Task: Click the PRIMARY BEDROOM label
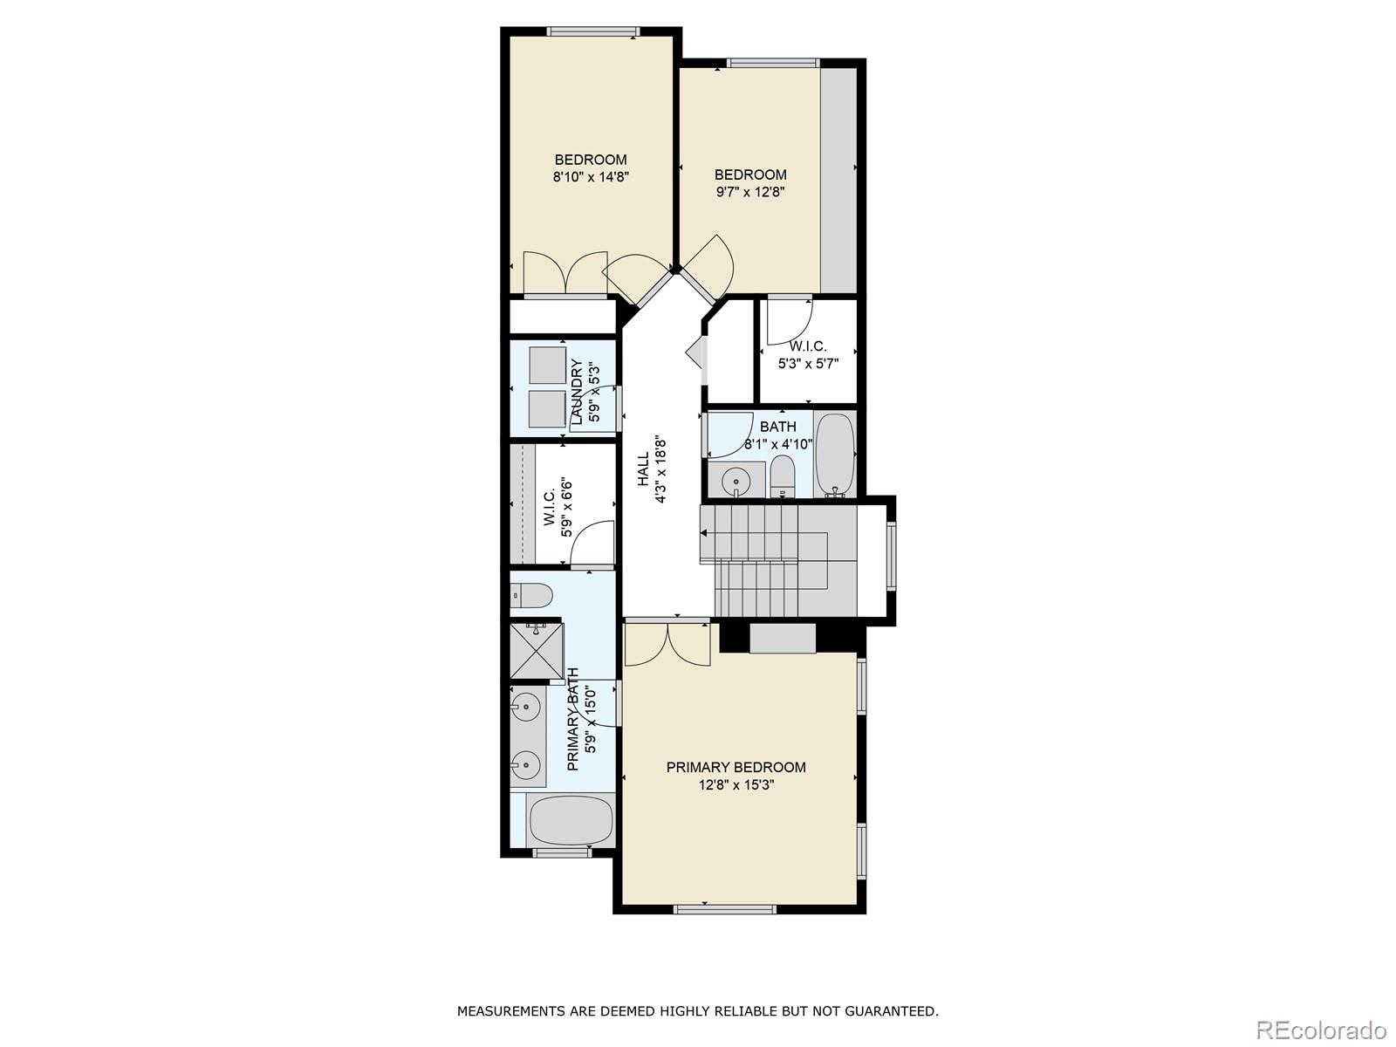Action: [736, 767]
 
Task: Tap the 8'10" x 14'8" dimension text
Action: [591, 176]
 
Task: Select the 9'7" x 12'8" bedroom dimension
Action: [750, 191]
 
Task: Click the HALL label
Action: [643, 469]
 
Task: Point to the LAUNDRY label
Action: [577, 392]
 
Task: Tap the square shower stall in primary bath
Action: [536, 651]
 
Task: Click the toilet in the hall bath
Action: [783, 478]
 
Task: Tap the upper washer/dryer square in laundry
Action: [547, 365]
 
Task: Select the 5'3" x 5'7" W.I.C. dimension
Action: [808, 363]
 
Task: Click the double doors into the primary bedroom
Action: [667, 644]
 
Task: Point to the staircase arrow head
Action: [704, 532]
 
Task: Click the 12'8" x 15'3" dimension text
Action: [736, 784]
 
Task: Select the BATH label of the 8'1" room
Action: [777, 427]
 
